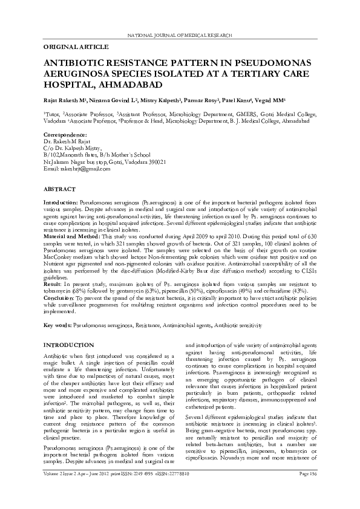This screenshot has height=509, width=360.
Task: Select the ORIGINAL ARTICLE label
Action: pos(76,47)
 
